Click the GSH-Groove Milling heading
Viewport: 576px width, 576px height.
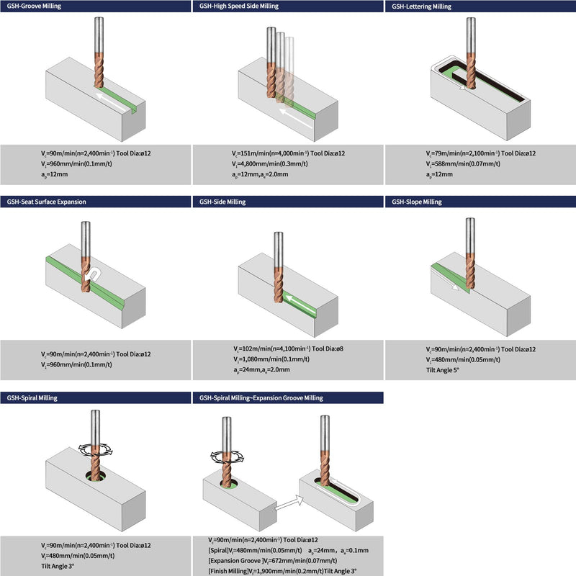click(x=34, y=6)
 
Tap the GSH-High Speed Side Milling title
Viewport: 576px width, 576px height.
click(x=239, y=6)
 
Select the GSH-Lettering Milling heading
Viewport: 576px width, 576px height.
click(x=421, y=6)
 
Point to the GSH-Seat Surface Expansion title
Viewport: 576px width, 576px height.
click(x=46, y=202)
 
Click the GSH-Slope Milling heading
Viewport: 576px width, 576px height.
click(x=417, y=202)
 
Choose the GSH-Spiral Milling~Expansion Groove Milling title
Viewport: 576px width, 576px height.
click(x=261, y=398)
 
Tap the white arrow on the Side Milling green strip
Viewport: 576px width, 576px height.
click(x=300, y=304)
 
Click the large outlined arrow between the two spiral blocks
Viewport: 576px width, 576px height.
click(x=289, y=503)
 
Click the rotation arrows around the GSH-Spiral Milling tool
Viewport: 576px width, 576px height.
click(x=95, y=449)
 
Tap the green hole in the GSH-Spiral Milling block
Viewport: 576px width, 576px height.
click(x=96, y=477)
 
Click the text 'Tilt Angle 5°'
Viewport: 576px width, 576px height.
click(x=443, y=370)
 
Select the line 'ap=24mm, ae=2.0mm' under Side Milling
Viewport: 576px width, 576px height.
click(x=261, y=369)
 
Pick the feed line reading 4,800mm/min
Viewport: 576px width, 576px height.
click(x=269, y=164)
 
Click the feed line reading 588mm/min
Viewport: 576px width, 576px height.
click(x=463, y=164)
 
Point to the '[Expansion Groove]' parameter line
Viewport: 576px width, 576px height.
click(x=273, y=561)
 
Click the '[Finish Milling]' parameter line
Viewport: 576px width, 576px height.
click(x=282, y=571)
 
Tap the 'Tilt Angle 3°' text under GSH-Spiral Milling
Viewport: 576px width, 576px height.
click(x=58, y=566)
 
